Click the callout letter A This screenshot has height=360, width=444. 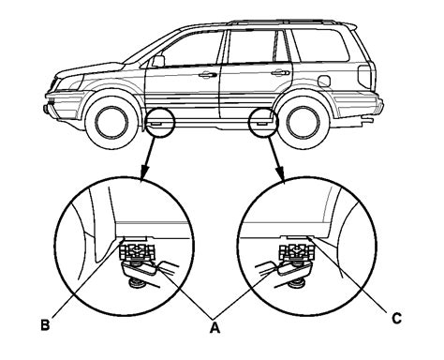215,328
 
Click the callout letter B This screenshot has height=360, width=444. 45,325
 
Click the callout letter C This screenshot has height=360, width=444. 396,319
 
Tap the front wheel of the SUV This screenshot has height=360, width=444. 111,122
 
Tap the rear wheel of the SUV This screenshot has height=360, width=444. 303,122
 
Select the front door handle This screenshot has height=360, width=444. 207,75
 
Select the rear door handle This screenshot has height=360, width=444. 280,73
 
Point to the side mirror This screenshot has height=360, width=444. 158,61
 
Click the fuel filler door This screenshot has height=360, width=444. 324,81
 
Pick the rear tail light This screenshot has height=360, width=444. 364,77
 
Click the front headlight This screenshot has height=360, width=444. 69,82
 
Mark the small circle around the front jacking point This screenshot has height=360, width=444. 159,122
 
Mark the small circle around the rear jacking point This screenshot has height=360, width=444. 263,122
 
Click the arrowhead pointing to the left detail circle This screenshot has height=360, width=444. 144,173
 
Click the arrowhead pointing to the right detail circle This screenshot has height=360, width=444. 280,173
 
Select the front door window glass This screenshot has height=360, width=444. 191,49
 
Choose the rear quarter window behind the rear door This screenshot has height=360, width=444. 320,46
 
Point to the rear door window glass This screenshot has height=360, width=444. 252,47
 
